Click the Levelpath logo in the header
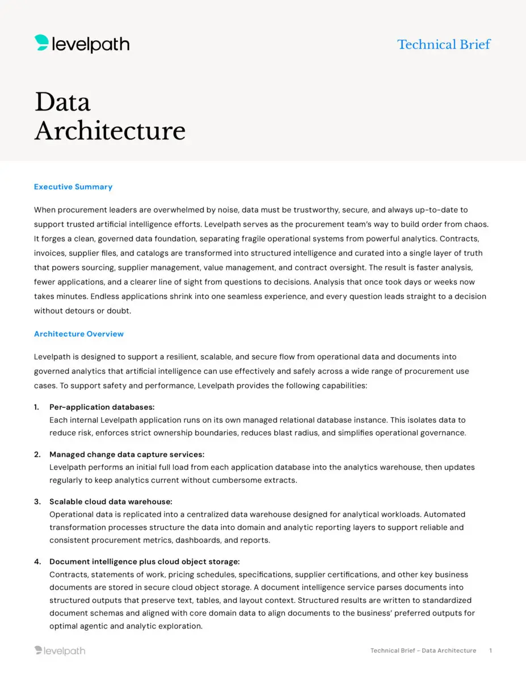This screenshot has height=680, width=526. tap(82, 44)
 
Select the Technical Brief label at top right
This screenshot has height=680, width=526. tap(444, 44)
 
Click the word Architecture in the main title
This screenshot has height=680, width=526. tap(110, 130)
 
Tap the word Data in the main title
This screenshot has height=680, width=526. tap(62, 102)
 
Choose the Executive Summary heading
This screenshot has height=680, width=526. tap(73, 186)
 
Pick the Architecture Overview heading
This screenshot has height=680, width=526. tap(79, 334)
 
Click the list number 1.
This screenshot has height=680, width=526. tap(36, 407)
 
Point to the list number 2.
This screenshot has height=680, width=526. tap(37, 454)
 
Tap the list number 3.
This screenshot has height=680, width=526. tap(37, 501)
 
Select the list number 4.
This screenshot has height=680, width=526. tap(37, 562)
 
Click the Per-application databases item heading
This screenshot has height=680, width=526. tap(102, 407)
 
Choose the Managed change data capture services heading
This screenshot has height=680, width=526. tap(127, 454)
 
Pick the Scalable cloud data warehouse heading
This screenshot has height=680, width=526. tap(111, 501)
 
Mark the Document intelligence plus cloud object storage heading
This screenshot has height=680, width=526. tap(144, 562)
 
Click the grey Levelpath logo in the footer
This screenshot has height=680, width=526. tap(60, 651)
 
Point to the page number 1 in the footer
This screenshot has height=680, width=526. tap(490, 651)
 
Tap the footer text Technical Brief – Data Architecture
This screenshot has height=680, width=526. tap(423, 651)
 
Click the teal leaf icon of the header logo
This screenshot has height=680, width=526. tap(41, 42)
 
